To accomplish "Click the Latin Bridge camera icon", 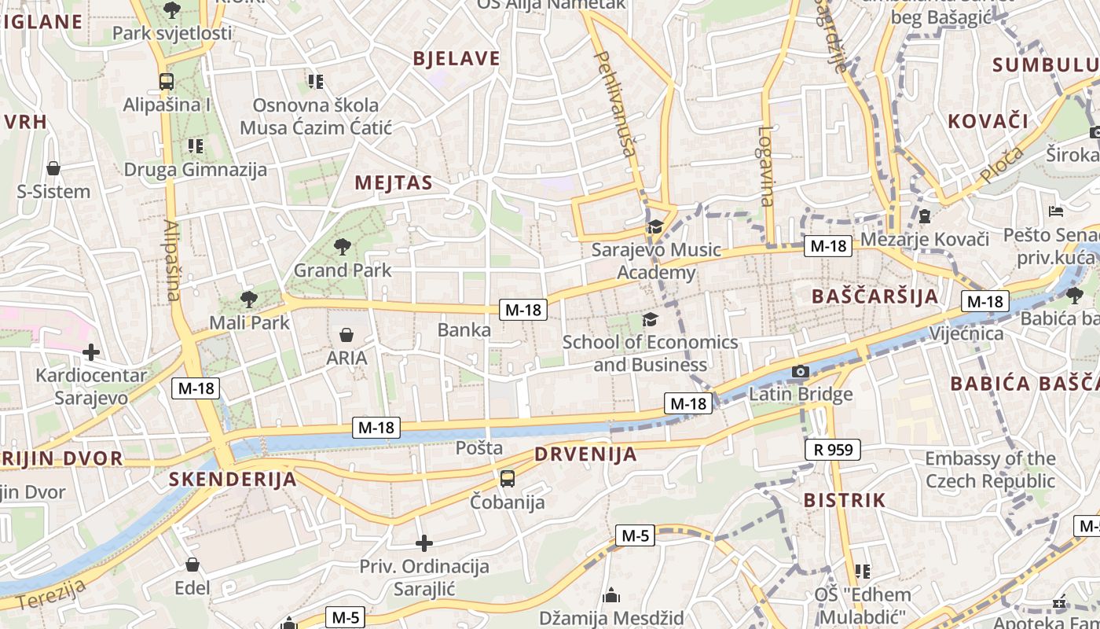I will pos(800,371).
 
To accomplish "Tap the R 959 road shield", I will pos(833,450).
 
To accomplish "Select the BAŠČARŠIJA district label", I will pos(875,296).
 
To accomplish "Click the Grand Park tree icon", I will pos(342,247).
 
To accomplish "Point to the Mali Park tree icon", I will pos(249,299).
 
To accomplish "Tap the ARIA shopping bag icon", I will pos(346,335).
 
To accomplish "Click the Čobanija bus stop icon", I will pos(508,478).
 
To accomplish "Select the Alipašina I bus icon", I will pos(167,81).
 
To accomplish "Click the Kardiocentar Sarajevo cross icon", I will pos(91,352).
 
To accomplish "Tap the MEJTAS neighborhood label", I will pos(394,183).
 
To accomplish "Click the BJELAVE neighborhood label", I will pos(456,58).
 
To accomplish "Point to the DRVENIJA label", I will pos(586,454).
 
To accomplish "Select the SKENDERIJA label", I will pos(233,480).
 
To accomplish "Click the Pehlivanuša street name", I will pos(614,104).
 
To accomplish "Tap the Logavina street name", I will pos(766,167).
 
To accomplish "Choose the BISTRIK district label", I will pos(845,500).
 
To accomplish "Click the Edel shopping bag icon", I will pos(192,565).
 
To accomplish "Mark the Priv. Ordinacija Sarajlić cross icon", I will pos(424,543).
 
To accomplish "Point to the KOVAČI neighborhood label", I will pos(988,121).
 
